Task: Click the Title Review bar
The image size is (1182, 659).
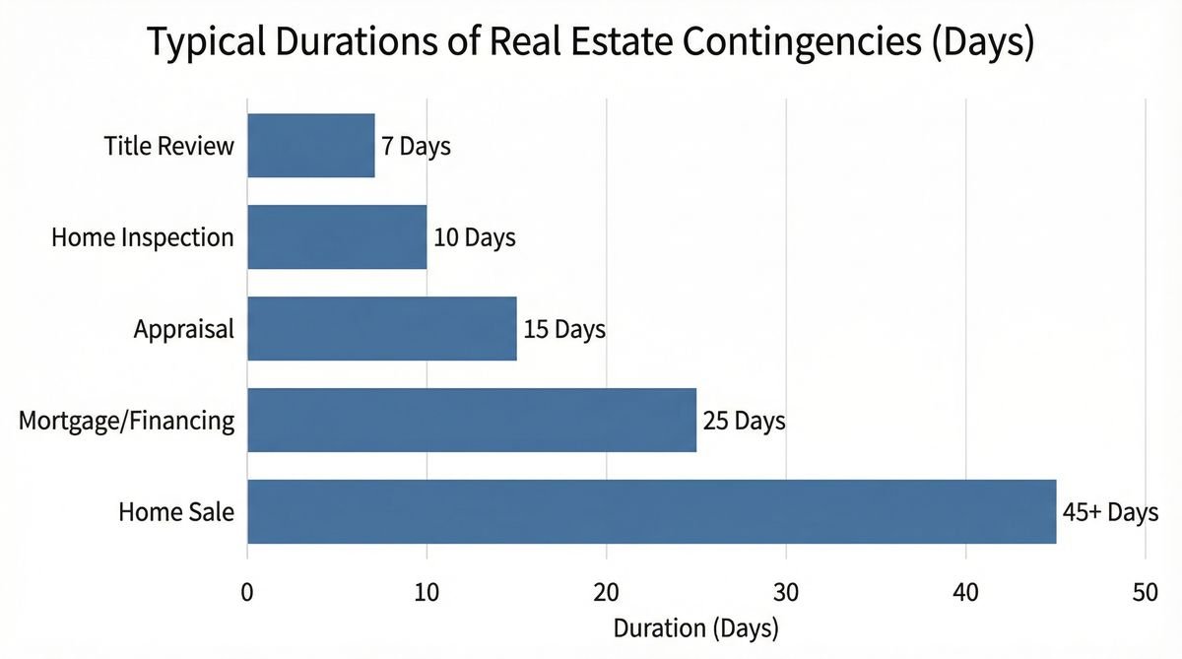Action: pos(311,146)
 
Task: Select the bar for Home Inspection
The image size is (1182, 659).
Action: pos(337,237)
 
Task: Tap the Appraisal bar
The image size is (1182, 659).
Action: pos(382,328)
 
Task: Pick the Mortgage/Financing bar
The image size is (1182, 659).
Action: pos(472,420)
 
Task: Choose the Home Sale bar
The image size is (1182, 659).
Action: pos(651,511)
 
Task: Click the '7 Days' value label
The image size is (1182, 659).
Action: pos(416,147)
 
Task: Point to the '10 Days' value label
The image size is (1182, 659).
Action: pos(474,238)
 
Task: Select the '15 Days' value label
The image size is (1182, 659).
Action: pos(563,329)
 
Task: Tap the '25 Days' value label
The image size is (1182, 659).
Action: pos(744,422)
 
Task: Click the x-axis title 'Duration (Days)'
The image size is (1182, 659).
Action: pos(695,626)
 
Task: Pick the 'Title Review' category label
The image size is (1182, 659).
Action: pos(168,147)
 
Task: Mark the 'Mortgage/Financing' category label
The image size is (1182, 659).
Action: pos(126,422)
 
